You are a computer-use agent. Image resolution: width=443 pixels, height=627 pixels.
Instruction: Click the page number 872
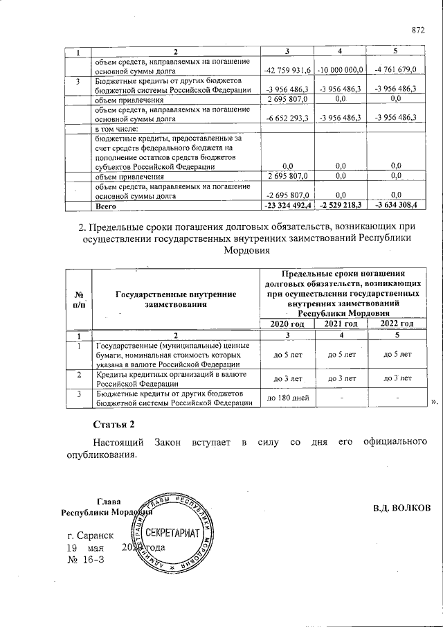[x=417, y=30]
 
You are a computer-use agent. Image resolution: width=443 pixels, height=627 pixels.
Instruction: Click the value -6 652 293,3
[x=289, y=118]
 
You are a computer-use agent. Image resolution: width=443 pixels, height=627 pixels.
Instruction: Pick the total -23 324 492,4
[x=289, y=206]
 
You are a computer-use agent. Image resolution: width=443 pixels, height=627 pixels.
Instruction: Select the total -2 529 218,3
[x=341, y=206]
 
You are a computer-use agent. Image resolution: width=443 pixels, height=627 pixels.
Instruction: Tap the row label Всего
[x=105, y=206]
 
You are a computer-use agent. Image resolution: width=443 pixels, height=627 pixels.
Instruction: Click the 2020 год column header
[x=287, y=324]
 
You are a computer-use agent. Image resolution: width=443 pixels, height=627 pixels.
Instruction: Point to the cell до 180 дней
[x=287, y=399]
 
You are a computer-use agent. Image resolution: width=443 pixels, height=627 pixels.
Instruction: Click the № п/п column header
[x=78, y=299]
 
